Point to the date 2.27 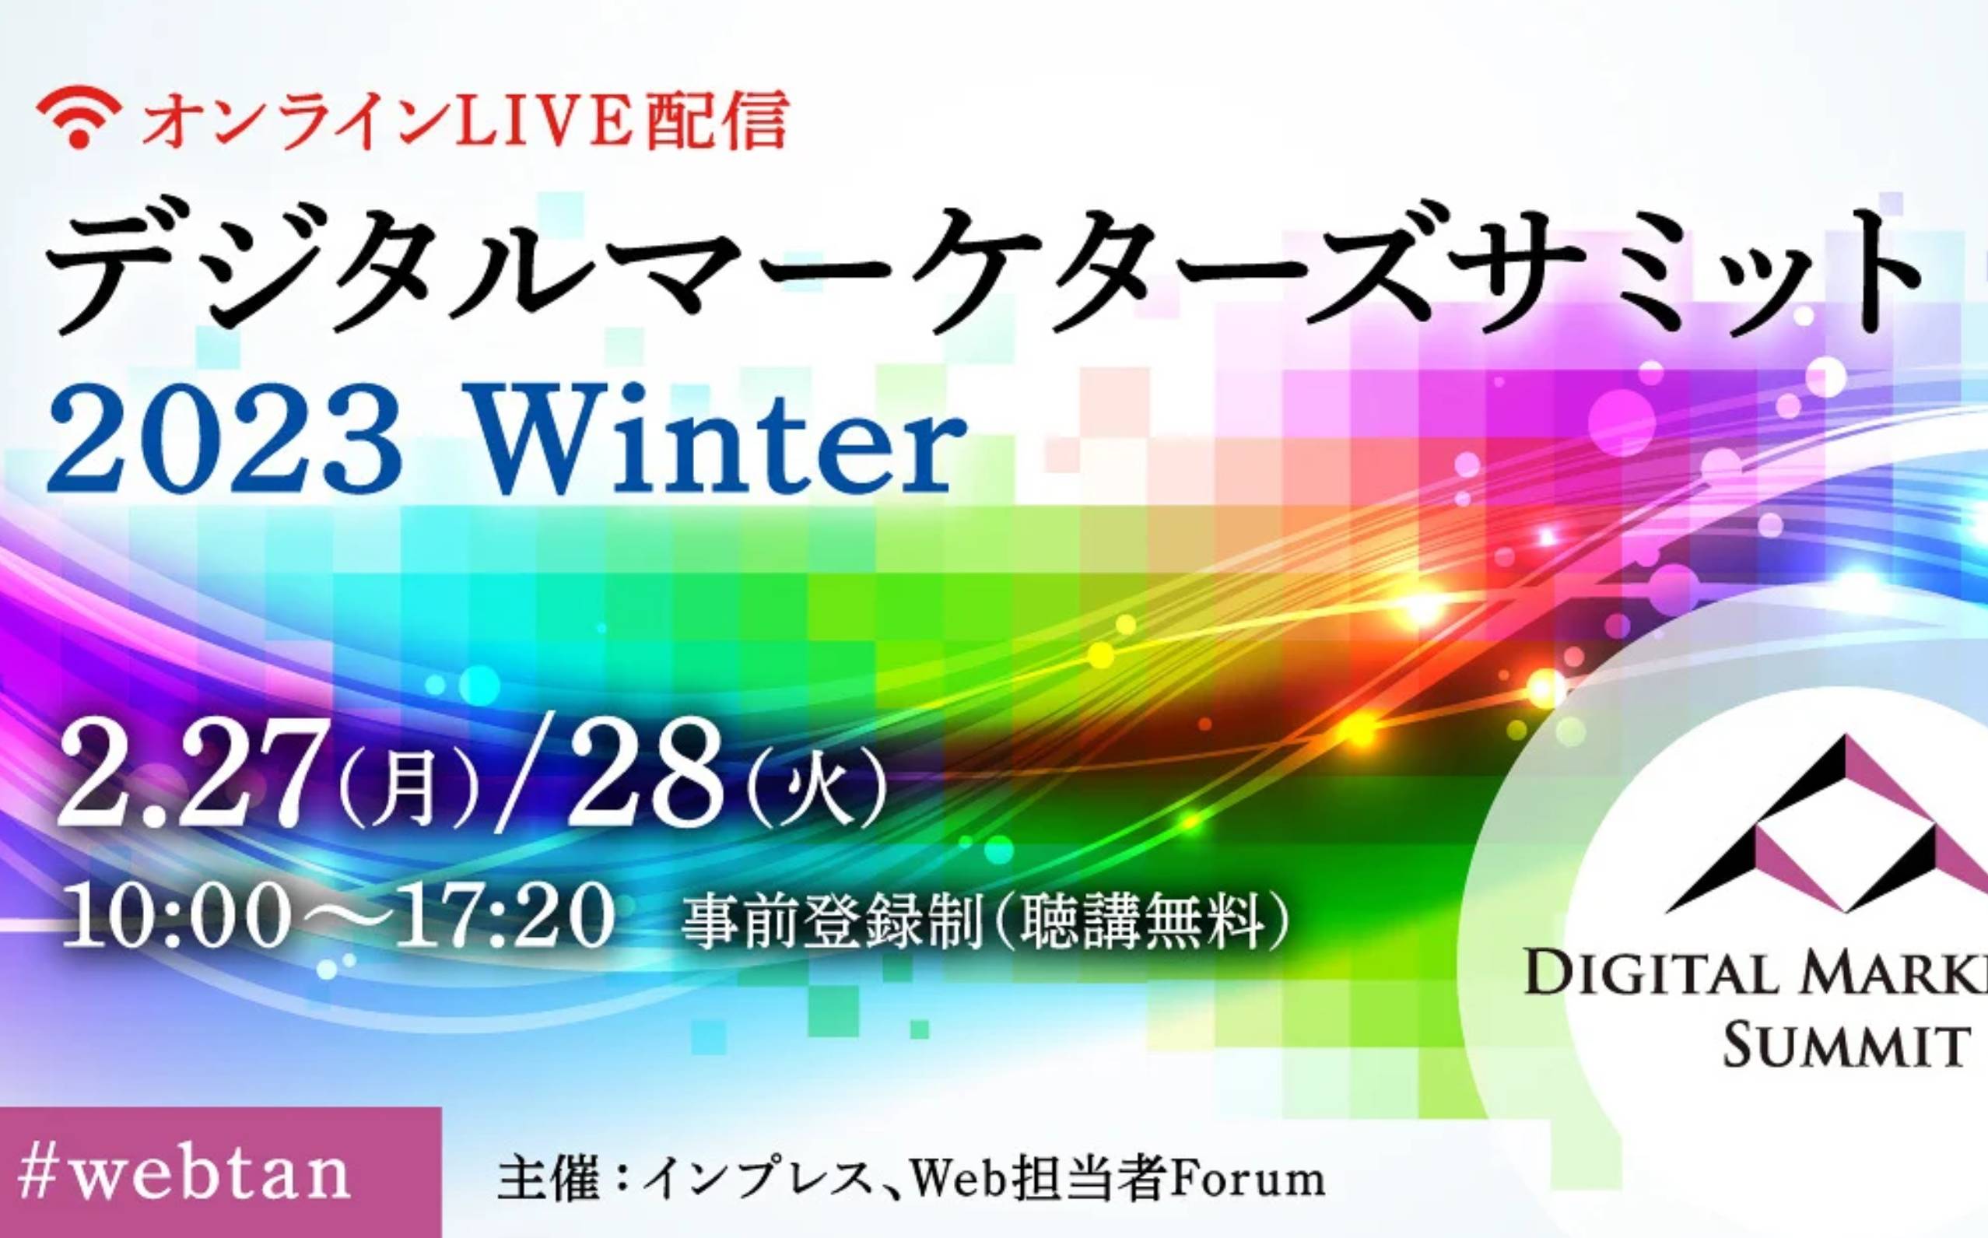click(194, 774)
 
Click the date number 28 click(655, 774)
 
